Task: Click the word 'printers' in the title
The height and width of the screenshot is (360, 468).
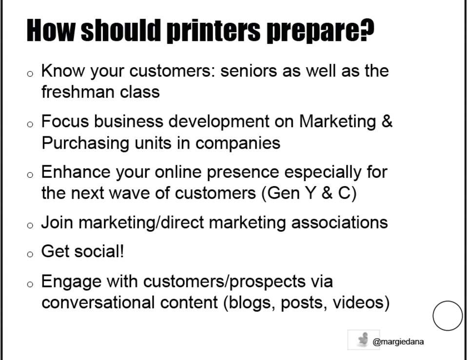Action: click(214, 31)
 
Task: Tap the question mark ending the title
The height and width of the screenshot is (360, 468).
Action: click(367, 30)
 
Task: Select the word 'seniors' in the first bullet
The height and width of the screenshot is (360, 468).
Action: click(249, 71)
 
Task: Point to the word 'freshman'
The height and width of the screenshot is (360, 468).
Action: click(78, 92)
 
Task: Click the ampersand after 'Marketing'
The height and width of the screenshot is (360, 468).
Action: click(387, 121)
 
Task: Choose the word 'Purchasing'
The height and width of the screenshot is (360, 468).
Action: click(85, 143)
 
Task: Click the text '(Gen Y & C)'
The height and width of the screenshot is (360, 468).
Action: click(309, 193)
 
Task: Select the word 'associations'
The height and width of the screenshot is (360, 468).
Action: click(339, 223)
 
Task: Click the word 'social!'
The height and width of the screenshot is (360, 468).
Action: click(99, 251)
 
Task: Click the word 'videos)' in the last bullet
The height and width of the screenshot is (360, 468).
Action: click(361, 303)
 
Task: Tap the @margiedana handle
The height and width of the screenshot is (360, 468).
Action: click(398, 341)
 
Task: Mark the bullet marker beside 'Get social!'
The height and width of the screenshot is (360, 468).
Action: click(30, 254)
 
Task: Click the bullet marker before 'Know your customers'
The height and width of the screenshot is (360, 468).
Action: click(30, 74)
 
